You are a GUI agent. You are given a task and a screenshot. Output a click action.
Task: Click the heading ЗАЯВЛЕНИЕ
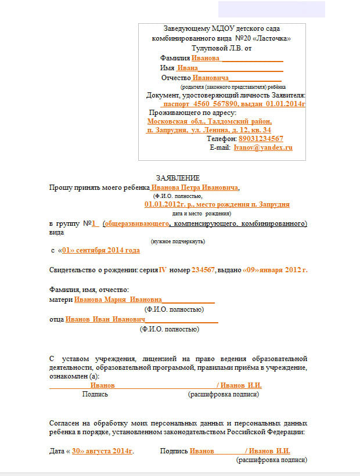178,178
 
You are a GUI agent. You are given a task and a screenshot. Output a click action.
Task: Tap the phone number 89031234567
261,139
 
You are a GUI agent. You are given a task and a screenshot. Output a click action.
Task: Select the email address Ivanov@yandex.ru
262,148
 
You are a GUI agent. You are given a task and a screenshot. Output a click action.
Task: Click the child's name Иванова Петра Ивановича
195,188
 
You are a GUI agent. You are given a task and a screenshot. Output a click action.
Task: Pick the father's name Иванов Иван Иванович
105,319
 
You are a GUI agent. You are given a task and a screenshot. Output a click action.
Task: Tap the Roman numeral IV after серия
163,270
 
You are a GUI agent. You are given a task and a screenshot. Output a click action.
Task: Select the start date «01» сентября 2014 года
100,251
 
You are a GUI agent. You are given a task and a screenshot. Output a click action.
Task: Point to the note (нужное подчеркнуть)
178,241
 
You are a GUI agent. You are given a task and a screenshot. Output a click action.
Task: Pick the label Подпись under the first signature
95,394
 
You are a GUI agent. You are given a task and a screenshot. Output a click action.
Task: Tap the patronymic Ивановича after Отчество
211,78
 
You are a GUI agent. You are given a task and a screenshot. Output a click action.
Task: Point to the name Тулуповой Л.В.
213,48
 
